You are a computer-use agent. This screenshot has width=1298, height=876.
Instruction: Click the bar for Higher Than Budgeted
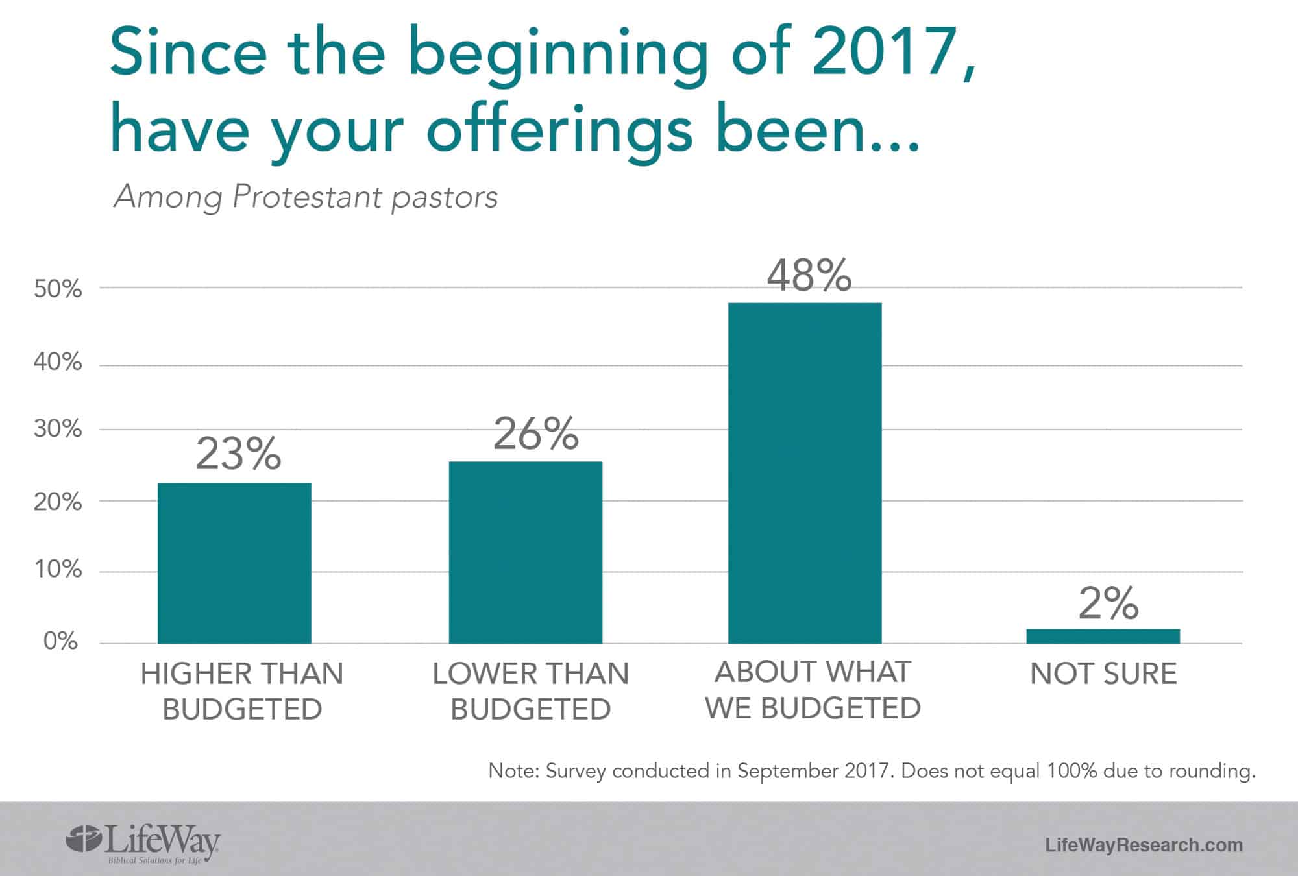[234, 563]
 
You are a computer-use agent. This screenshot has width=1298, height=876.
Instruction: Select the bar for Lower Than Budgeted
[526, 552]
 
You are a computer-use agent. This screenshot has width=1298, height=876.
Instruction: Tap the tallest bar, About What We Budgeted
[805, 473]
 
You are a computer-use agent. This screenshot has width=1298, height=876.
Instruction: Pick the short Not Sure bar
[1103, 636]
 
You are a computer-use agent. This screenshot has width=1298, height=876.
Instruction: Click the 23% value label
[238, 454]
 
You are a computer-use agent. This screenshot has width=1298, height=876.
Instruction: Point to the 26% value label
[535, 434]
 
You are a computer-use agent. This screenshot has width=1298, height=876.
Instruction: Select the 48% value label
[809, 275]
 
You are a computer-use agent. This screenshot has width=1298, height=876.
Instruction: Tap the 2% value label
[1108, 603]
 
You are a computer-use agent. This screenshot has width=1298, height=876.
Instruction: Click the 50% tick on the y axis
[58, 289]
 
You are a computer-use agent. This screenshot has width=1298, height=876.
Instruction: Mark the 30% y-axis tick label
[58, 429]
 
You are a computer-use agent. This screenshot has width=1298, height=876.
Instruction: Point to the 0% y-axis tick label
[60, 642]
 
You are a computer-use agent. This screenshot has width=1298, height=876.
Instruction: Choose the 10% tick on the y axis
[58, 570]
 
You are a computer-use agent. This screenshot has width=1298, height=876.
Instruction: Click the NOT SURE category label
[1103, 674]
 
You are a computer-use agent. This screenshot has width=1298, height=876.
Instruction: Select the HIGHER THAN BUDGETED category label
[242, 691]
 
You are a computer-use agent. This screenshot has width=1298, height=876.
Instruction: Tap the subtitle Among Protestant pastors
[306, 197]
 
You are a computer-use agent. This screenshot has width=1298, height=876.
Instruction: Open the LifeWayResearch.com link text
[1144, 845]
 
